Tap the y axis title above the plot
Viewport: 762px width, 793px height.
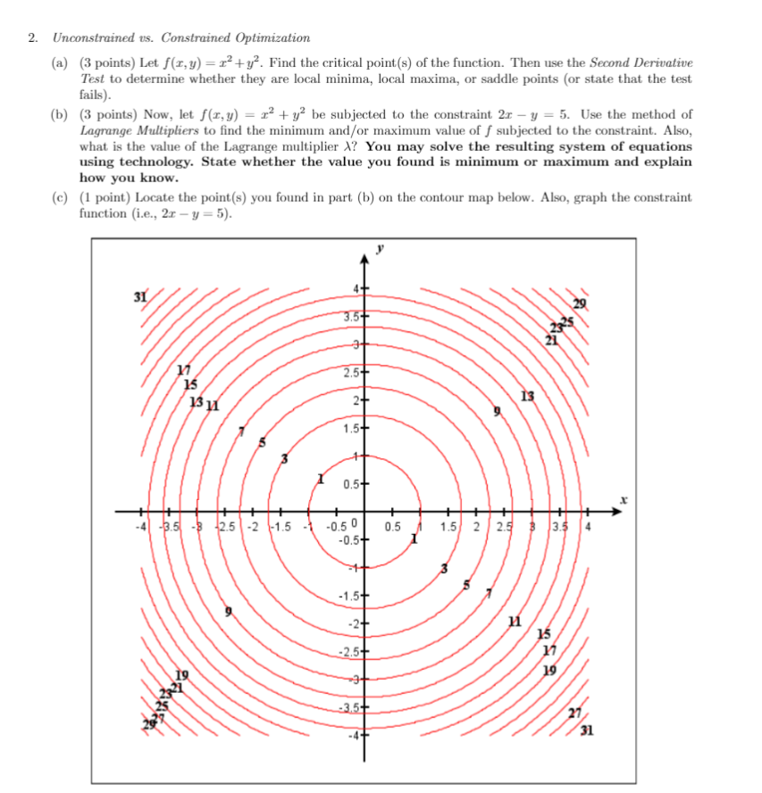pyautogui.click(x=379, y=251)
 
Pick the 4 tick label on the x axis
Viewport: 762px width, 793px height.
pyautogui.click(x=588, y=525)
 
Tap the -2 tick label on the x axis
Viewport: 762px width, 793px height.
pyautogui.click(x=254, y=525)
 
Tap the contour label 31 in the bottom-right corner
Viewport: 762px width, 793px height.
pyautogui.click(x=586, y=734)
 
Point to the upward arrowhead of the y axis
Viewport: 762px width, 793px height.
pyautogui.click(x=364, y=259)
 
